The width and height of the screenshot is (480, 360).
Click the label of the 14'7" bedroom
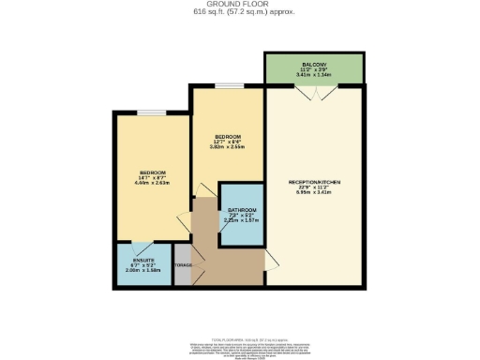click(153, 173)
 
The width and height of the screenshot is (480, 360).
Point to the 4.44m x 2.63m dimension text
click(153, 185)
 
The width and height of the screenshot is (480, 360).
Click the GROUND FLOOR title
click(239, 5)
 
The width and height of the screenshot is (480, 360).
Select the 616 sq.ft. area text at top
click(239, 12)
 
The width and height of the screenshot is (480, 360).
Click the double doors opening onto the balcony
click(315, 92)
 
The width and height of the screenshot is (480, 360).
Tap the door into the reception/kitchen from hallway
click(270, 253)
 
